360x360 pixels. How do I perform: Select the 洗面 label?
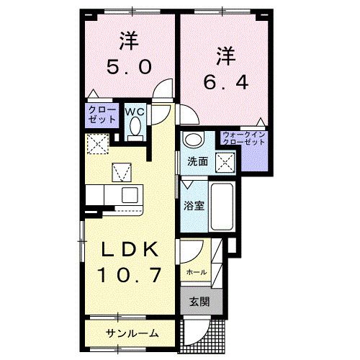coord(198,161)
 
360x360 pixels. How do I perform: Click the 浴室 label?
coord(193,206)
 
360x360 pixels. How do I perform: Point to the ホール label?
coord(196,272)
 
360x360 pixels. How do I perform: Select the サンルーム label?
coord(131,333)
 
